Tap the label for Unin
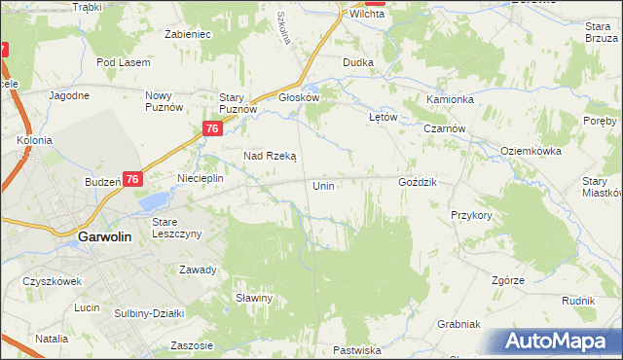click(324, 185)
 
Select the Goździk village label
click(419, 183)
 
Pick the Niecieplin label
click(201, 179)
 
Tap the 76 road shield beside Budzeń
click(133, 179)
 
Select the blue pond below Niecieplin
click(153, 201)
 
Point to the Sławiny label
click(253, 298)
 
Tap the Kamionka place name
click(450, 100)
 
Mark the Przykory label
click(471, 215)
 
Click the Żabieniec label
click(188, 34)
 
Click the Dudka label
click(358, 62)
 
